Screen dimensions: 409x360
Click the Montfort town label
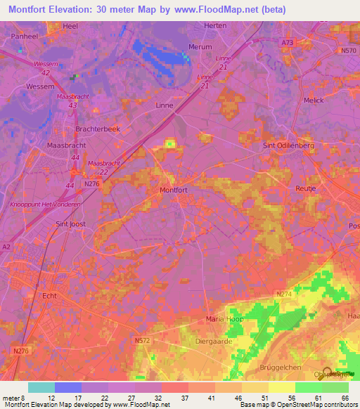pos(174,190)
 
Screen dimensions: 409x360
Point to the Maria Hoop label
pos(224,319)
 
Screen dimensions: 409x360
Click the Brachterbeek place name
pos(98,129)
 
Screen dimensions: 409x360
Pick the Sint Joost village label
pos(70,224)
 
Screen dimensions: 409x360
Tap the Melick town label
pos(314,100)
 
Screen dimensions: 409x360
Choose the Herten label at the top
pos(215,25)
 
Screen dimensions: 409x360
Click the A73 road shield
pos(285,43)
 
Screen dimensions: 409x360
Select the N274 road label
pos(284,293)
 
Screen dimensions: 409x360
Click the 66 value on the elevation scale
pos(344,397)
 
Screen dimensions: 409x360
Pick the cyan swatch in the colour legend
pos(41,387)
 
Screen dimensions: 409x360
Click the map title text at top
pos(148,10)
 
